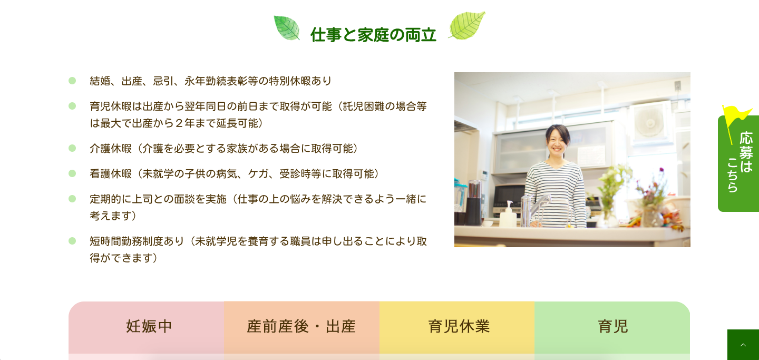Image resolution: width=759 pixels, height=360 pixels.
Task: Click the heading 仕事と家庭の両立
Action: tap(373, 35)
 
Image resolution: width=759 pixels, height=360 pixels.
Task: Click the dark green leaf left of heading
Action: tap(287, 28)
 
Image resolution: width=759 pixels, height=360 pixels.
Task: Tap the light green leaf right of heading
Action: tap(467, 25)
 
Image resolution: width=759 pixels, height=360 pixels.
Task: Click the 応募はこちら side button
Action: tap(738, 163)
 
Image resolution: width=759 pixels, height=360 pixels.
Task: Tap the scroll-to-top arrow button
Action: tap(743, 345)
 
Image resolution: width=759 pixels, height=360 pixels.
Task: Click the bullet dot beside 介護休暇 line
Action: tap(72, 148)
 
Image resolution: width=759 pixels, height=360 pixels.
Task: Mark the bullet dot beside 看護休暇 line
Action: tap(72, 173)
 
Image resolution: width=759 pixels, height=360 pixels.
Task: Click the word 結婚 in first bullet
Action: tap(100, 81)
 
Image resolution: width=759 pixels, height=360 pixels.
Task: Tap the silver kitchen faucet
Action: tap(533, 209)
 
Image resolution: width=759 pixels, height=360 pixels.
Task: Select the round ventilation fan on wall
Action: tap(650, 123)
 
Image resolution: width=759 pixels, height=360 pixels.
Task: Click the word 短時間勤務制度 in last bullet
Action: tap(126, 241)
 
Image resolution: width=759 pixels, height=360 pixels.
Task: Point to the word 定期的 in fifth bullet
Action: tap(105, 199)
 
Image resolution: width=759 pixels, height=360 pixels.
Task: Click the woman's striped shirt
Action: tap(555, 193)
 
